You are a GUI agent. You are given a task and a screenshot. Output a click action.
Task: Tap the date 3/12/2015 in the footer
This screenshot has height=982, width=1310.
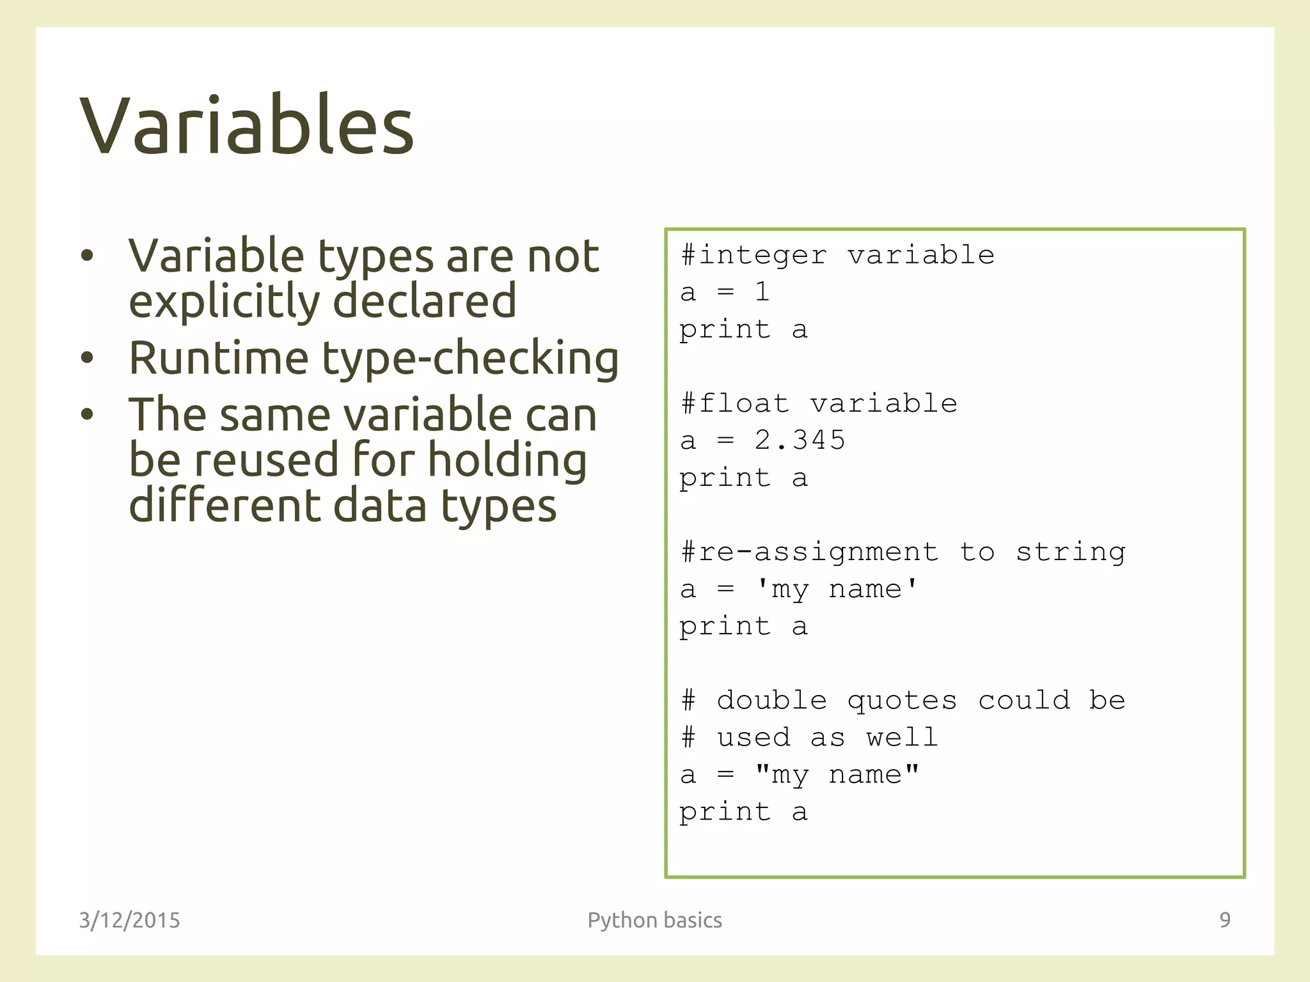tap(129, 920)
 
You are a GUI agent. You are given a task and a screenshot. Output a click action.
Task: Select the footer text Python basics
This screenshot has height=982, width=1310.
tap(654, 920)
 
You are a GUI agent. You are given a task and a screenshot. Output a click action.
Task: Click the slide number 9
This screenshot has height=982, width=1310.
tap(1224, 919)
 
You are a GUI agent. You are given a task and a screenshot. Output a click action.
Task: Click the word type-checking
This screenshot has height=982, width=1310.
tap(470, 358)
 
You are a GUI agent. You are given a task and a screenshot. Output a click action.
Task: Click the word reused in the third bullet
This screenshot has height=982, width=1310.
tap(266, 460)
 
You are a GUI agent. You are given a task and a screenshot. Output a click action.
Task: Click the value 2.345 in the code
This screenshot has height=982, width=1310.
tap(800, 440)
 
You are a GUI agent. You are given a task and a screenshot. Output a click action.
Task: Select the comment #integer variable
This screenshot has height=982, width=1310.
tap(837, 255)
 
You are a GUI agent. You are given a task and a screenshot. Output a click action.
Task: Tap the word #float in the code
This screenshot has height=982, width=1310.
tap(735, 403)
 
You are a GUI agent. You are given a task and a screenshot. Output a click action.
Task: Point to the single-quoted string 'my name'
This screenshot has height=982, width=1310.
tap(837, 589)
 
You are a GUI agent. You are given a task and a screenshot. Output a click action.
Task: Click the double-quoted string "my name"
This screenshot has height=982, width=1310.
tap(837, 774)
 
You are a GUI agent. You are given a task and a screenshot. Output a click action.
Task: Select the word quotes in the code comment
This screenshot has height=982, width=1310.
tap(902, 701)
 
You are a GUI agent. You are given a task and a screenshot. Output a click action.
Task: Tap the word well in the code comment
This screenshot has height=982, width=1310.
tap(902, 738)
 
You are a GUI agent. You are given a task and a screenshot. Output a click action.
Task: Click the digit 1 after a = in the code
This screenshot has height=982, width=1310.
tap(762, 292)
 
